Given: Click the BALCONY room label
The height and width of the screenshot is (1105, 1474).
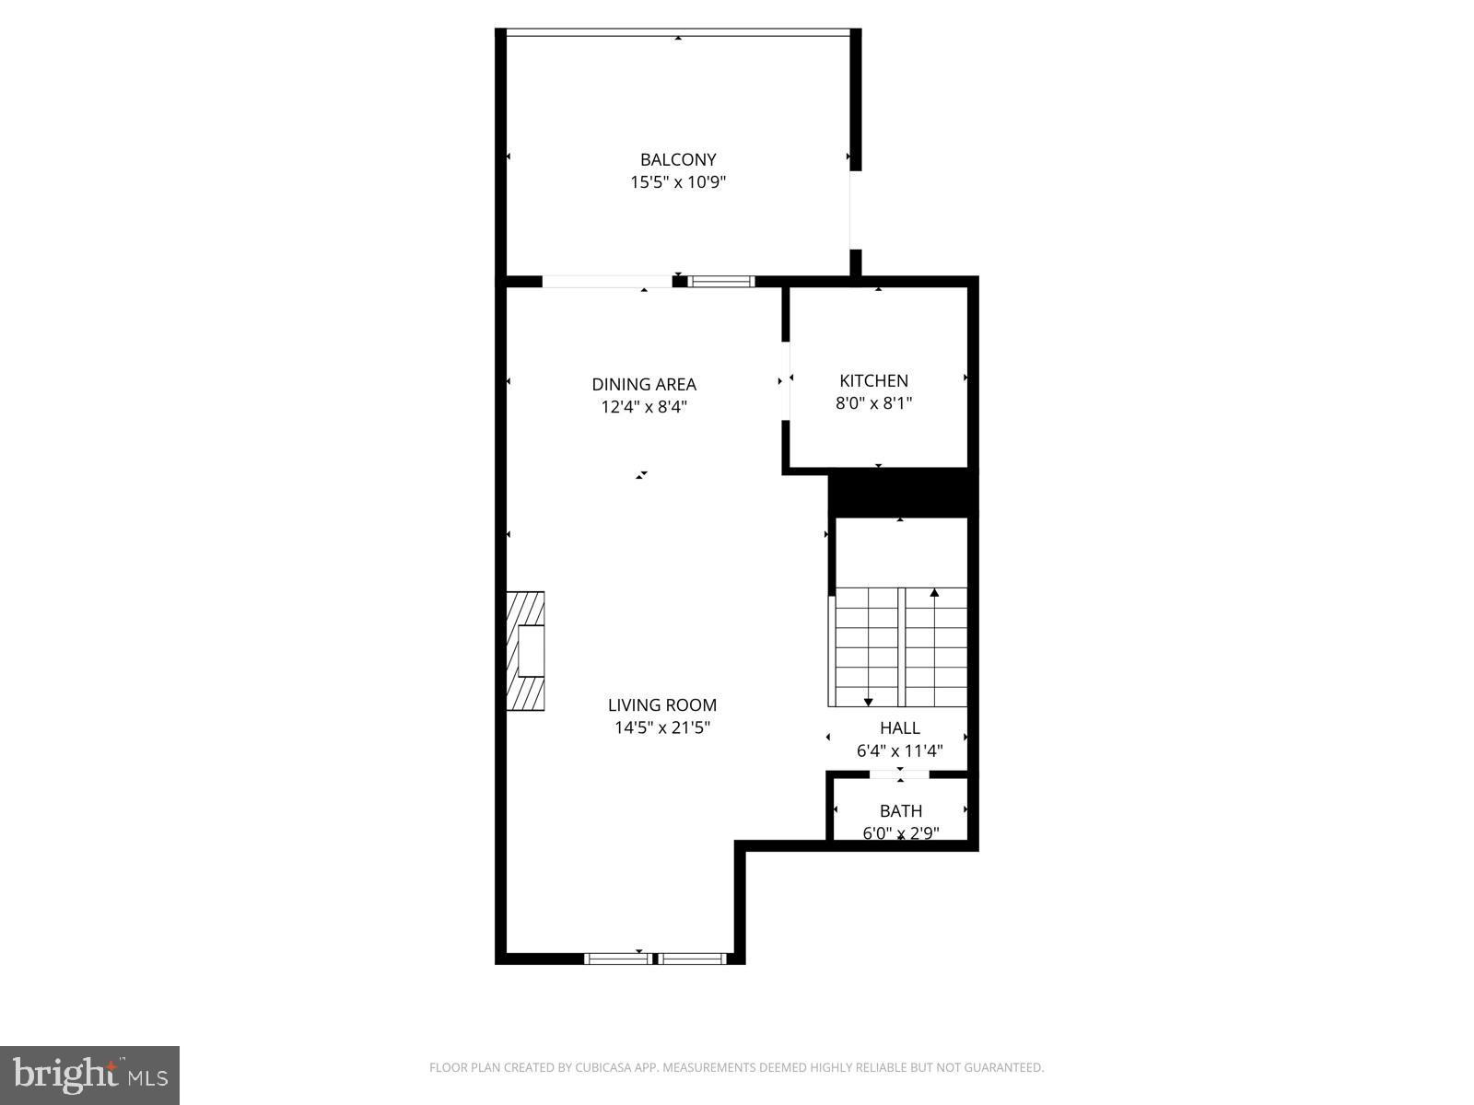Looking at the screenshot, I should pos(678,159).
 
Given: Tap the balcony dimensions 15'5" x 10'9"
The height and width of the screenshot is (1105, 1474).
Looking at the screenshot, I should pos(678,182).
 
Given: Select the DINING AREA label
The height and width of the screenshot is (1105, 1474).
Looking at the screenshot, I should pos(644,384).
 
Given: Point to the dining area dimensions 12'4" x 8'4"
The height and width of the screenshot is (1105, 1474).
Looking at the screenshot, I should pos(644,407).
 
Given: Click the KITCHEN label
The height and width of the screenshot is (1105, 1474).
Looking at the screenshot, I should pos(873,380).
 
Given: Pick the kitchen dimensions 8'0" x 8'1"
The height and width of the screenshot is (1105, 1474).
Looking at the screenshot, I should pos(873,403).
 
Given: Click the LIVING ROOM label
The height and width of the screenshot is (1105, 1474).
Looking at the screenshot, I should pos(661,705).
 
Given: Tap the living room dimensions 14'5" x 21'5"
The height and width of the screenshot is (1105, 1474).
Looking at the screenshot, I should pos(661,728).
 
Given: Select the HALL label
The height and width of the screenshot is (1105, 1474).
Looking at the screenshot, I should pos(899,727).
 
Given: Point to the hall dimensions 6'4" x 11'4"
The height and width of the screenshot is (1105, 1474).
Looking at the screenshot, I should pos(899,750).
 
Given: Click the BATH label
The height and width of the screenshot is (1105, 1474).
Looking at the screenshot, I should pos(900,811).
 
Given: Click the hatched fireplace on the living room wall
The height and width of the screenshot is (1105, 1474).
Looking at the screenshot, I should pos(524,651).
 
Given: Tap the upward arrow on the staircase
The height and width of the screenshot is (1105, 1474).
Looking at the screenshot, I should pos(934,595).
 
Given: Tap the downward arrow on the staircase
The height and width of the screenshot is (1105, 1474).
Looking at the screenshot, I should pos(868,701).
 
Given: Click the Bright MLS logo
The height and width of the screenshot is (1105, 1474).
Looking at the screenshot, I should pos(89,1075).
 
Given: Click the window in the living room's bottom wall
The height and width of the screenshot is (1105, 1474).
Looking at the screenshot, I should pos(655,959).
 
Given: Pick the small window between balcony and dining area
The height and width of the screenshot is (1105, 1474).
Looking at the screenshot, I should pos(721,282).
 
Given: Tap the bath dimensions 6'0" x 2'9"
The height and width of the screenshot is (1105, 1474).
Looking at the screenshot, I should pos(900,834).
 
